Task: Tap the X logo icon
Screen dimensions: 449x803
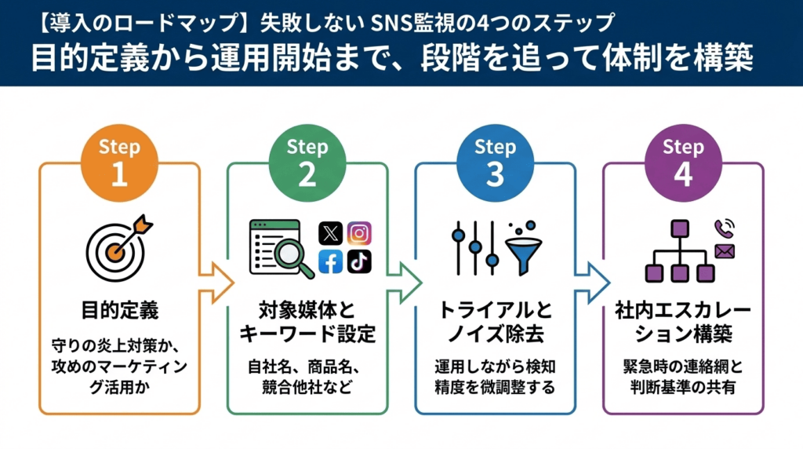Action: [331, 233]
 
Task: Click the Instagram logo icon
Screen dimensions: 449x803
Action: [360, 233]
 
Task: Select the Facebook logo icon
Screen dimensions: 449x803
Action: [331, 262]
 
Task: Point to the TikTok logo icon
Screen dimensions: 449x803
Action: [360, 262]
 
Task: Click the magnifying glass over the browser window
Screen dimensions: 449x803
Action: [295, 257]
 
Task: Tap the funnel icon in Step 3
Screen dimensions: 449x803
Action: [519, 250]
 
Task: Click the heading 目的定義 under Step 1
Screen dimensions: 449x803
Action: [119, 310]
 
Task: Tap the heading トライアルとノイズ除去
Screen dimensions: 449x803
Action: [495, 322]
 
